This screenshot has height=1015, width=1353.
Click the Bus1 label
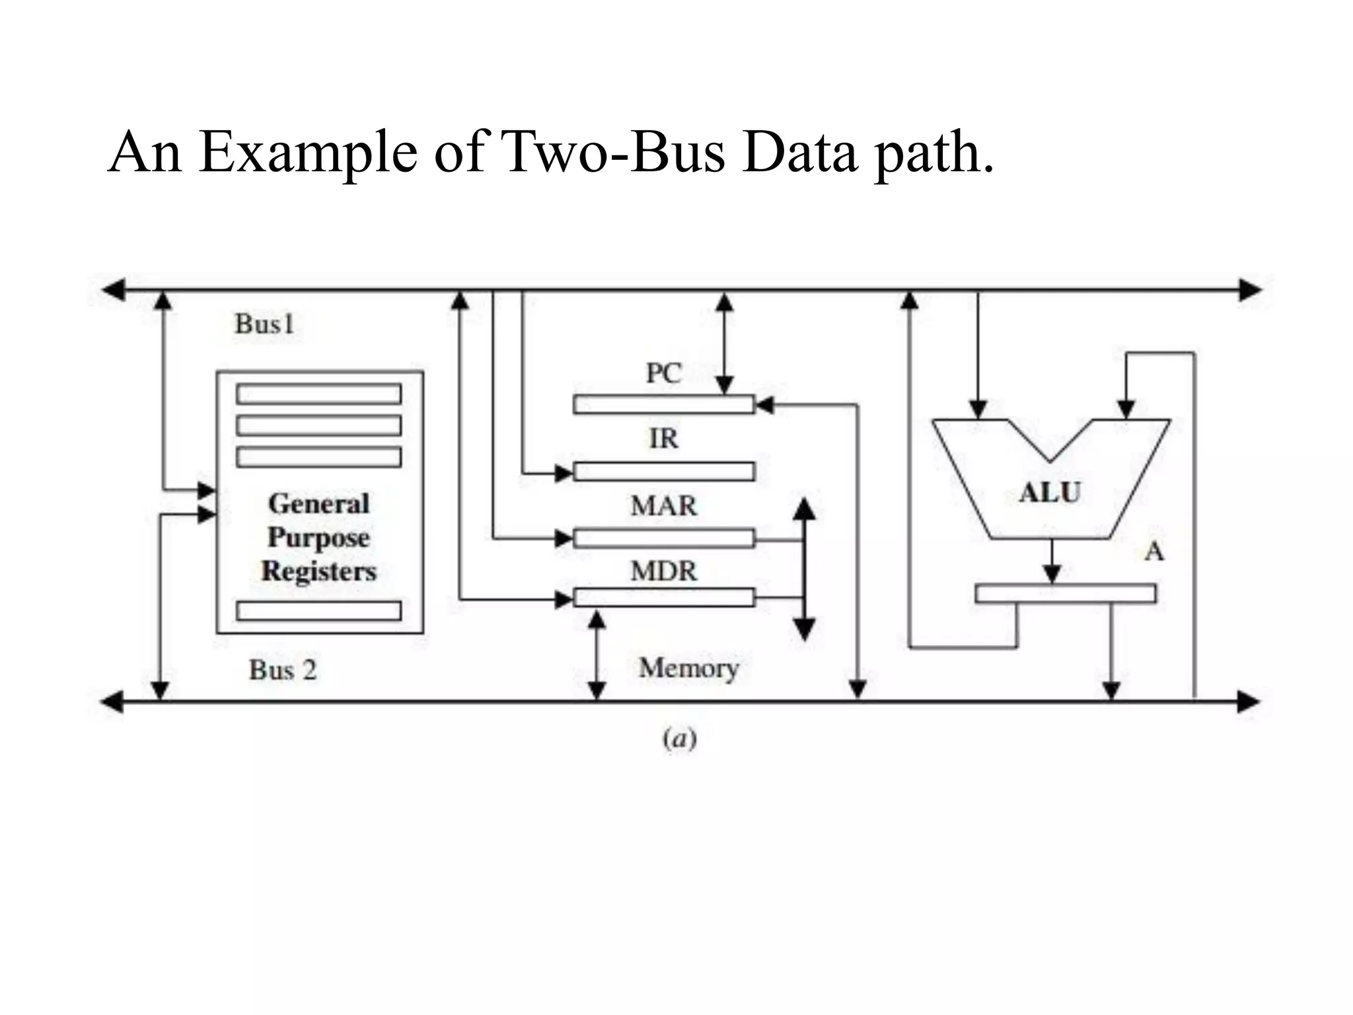pos(264,324)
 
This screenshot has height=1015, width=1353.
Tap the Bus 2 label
pos(283,670)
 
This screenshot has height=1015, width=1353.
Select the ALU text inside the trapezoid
pos(1050,493)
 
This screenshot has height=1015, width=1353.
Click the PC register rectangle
pos(663,404)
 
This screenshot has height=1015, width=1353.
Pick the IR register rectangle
pos(663,471)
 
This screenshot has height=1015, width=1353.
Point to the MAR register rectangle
pos(663,539)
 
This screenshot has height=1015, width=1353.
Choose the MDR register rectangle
pos(663,597)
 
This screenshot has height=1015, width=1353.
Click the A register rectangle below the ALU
pos(1065,593)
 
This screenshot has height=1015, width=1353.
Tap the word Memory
pos(688,668)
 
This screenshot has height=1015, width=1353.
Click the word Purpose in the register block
pos(318,538)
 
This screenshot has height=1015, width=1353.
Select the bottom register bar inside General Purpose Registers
pos(318,611)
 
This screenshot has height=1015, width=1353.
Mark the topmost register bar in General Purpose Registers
pos(318,394)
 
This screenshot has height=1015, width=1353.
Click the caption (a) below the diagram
pos(680,739)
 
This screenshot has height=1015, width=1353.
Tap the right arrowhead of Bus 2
pos(1248,702)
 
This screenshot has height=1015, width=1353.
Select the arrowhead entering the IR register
pos(564,473)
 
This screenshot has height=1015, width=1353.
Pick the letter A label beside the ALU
pos(1154,551)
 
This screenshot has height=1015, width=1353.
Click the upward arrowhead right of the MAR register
pos(803,509)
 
